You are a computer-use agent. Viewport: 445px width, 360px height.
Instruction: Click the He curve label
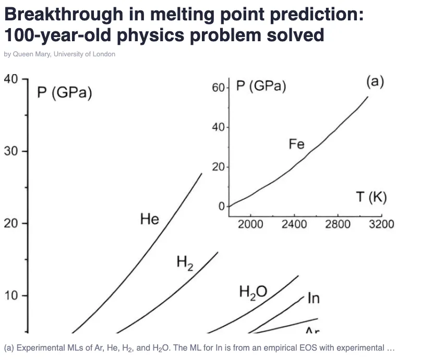coord(150,219)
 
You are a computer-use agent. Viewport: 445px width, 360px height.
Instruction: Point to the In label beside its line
coord(314,298)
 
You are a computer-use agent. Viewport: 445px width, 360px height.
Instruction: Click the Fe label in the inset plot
coord(296,144)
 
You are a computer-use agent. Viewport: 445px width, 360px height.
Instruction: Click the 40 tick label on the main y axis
coord(10,80)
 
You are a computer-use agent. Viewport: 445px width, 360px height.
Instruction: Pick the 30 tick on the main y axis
coord(10,151)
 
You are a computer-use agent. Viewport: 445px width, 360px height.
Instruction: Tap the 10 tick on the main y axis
coord(10,296)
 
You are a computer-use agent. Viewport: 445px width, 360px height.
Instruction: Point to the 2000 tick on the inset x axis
coord(250,224)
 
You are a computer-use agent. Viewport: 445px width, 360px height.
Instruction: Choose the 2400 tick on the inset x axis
coord(294,224)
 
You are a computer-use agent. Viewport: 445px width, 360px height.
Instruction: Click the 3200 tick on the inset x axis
coord(381,224)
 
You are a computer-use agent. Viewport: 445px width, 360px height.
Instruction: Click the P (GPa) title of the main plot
coord(65,93)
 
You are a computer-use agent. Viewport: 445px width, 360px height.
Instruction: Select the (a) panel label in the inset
coord(375,82)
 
